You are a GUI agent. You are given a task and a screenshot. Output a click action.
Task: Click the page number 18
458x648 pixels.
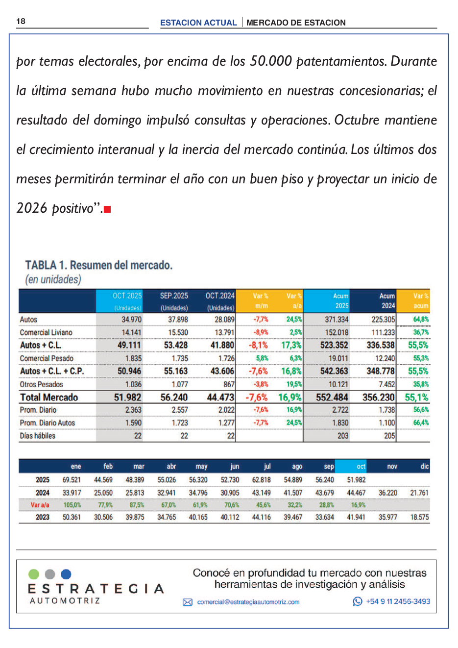point(21,21)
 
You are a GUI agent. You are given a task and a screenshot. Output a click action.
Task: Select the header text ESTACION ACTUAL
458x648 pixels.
point(198,23)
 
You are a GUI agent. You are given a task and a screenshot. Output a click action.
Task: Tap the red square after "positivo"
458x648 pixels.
point(107,209)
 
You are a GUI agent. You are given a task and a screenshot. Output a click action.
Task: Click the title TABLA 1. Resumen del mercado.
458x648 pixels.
point(98,265)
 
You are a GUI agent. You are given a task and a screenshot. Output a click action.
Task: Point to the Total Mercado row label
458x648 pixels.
point(49,397)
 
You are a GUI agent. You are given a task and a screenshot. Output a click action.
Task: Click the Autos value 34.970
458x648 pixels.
point(131,320)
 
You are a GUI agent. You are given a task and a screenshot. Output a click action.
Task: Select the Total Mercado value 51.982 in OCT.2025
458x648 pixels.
point(127,397)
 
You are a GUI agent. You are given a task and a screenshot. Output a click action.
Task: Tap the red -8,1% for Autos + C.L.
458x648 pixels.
point(259,345)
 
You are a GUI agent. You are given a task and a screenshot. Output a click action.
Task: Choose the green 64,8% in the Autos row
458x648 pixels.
point(421,320)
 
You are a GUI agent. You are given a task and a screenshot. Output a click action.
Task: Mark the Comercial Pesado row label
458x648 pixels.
point(47,358)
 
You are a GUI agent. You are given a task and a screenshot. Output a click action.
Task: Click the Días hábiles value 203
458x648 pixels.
point(342,436)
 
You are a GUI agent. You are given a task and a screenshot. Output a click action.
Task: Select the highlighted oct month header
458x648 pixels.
point(361,466)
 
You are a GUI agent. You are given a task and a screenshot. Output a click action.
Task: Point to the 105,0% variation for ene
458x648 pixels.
point(72,505)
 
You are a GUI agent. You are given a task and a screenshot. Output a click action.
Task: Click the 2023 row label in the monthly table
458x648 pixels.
point(43,517)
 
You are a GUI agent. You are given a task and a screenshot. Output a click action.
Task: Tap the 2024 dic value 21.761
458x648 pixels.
point(419,493)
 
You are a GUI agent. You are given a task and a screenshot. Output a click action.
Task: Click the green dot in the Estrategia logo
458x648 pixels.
point(34,574)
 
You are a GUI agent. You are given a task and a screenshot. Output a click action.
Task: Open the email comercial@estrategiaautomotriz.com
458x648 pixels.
point(248,602)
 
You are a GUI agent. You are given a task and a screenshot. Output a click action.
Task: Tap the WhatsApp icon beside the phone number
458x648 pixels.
point(358,601)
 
